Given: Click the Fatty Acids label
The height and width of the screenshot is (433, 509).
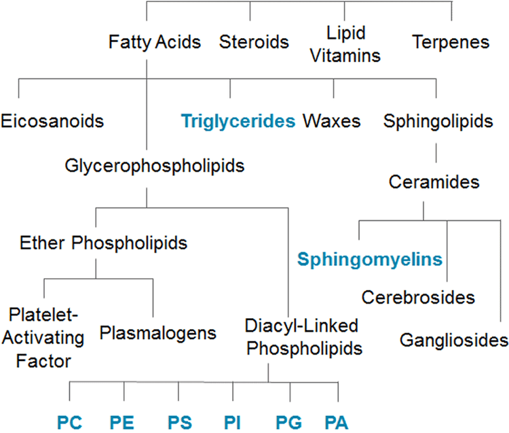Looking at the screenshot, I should point(155,42).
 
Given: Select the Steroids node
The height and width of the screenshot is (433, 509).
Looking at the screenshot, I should point(254,42).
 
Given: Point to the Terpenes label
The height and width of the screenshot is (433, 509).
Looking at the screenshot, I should point(451,42).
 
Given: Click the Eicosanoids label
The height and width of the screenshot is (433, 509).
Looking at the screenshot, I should point(52,122).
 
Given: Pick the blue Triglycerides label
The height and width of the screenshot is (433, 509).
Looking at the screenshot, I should point(238,122).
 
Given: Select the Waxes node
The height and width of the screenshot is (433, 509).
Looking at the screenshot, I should point(332,122).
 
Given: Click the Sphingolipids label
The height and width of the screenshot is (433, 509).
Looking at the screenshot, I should point(437,122).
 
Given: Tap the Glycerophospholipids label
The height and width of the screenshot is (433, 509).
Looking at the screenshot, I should point(155,165).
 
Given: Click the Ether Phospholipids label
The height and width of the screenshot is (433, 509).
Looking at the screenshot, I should point(104,243).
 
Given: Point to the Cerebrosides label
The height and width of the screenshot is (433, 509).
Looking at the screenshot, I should point(418,297).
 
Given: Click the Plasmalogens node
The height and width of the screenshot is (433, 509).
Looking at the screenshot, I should point(157,333).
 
